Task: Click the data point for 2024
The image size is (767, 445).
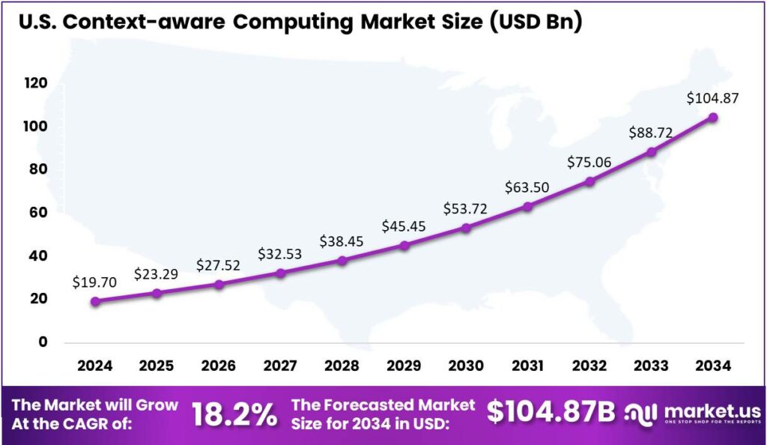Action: coord(95,301)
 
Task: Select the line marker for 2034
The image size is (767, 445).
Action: coord(713,118)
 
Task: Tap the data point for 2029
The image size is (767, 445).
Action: coord(404,245)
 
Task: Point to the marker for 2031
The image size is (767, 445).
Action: coord(528,206)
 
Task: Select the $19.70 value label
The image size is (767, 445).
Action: coord(95,282)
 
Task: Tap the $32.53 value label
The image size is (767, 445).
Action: coord(281,253)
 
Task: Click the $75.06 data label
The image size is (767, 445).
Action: coord(589,163)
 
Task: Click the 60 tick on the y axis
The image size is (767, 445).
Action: coord(38,213)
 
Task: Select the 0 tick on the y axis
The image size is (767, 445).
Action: coord(43,342)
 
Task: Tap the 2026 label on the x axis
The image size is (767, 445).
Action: coord(219,366)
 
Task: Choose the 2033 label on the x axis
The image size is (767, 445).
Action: coord(651,366)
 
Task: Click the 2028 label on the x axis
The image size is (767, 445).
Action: coord(342,366)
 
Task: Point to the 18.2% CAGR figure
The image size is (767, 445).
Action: coord(234,414)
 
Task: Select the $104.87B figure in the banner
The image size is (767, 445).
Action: coord(551,412)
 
